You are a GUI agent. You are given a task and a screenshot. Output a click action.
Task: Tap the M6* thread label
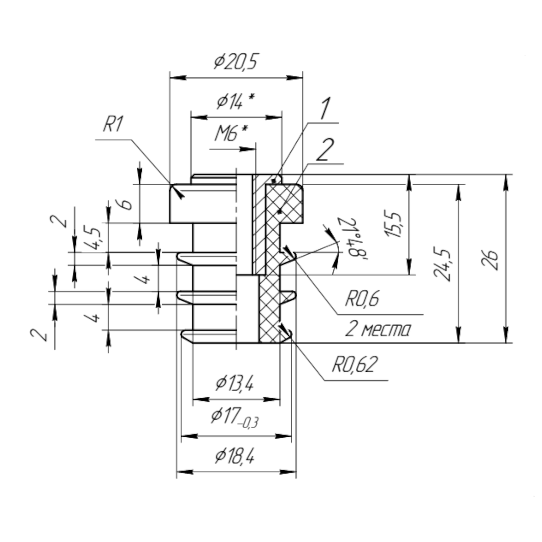pos(231,134)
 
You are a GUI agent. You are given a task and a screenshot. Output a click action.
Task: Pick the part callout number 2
pos(326,150)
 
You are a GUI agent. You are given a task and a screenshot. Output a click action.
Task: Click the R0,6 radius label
pos(363,299)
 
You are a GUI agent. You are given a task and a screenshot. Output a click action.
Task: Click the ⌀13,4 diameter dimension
pos(234,384)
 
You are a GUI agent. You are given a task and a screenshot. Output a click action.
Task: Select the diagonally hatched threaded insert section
pos(260,226)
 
